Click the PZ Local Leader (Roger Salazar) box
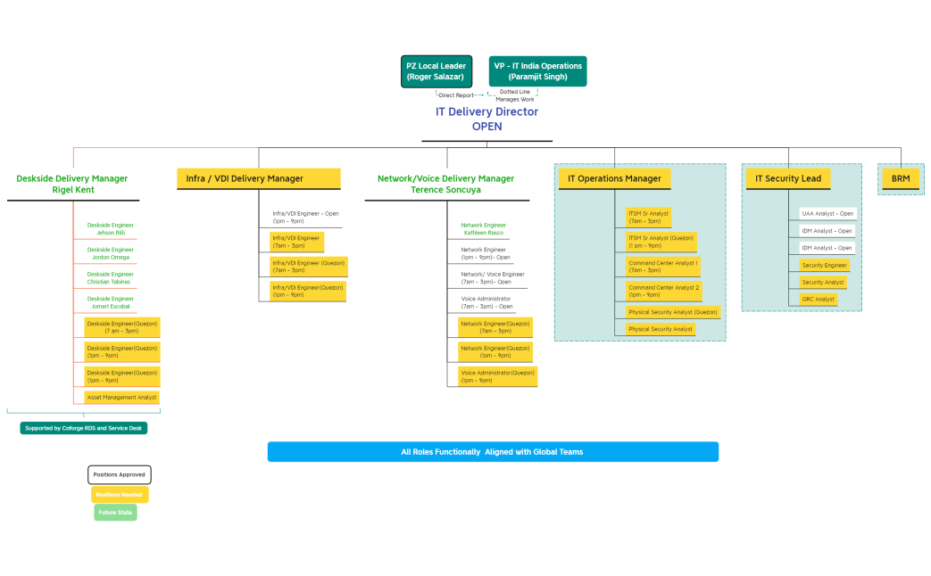[x=436, y=71]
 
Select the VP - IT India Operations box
[x=538, y=71]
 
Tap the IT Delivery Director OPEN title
[x=486, y=119]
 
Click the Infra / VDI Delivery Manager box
[x=259, y=178]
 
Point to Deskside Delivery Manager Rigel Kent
[x=71, y=184]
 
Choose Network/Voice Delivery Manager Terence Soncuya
[x=445, y=184]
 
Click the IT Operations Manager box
[x=614, y=178]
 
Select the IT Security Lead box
[x=788, y=178]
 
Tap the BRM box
[x=900, y=178]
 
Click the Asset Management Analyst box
[x=121, y=397]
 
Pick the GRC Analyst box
[x=818, y=299]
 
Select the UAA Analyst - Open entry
[x=827, y=214]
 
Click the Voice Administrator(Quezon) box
[x=497, y=376]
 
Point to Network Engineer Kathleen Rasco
[x=483, y=229]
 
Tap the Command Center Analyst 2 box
[x=664, y=291]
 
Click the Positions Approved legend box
[x=120, y=474]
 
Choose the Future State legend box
[x=115, y=513]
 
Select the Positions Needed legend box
[x=120, y=494]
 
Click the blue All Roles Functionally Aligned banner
[x=492, y=452]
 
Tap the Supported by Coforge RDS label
[x=83, y=428]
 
